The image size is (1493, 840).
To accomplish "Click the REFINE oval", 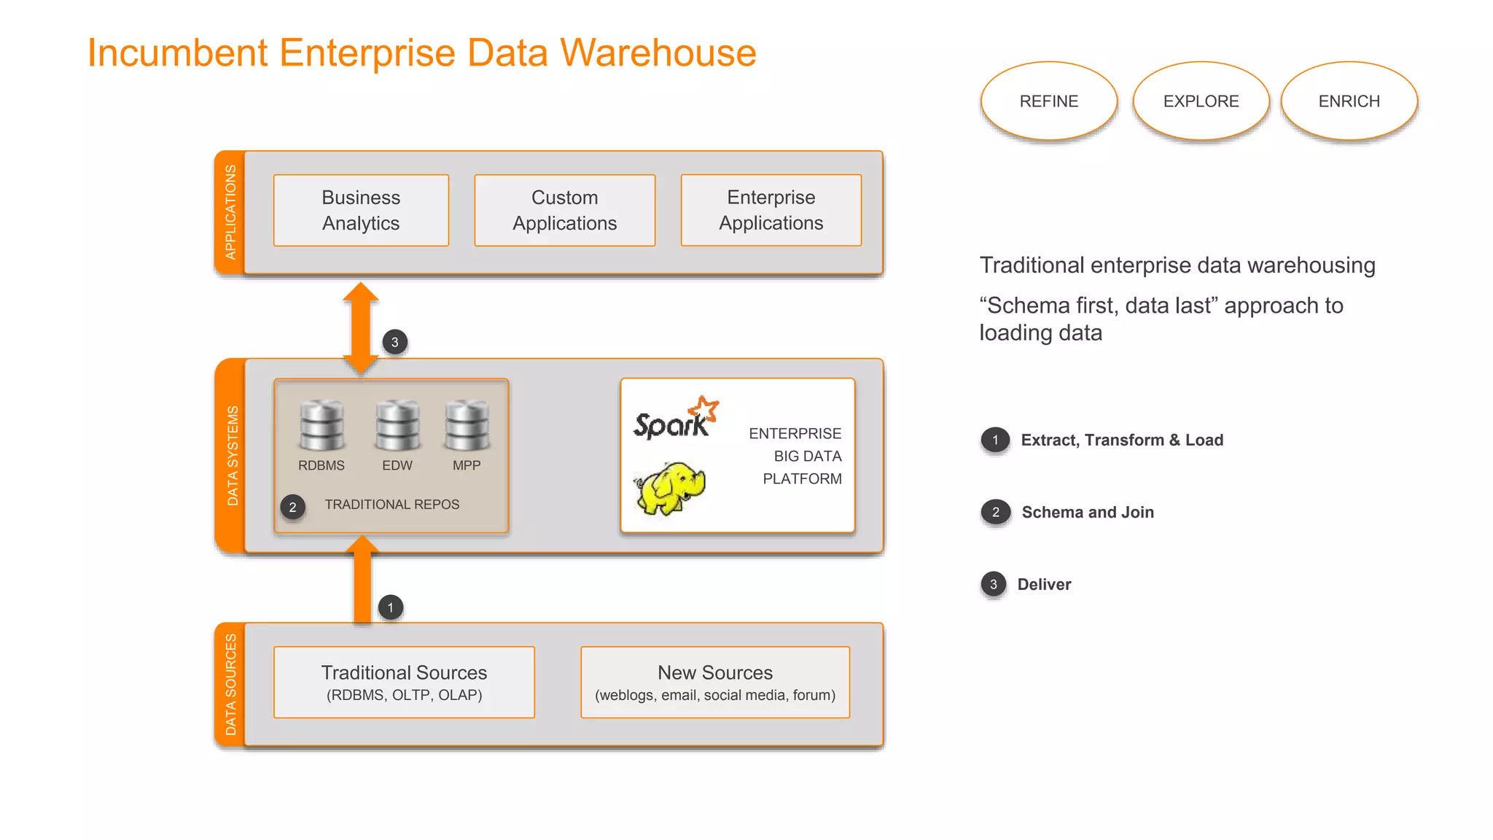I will pyautogui.click(x=1048, y=101).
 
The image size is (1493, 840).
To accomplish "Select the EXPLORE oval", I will pyautogui.click(x=1201, y=101).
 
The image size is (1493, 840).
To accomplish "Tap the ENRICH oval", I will pyautogui.click(x=1349, y=101).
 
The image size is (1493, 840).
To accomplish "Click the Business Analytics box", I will pyautogui.click(x=361, y=210).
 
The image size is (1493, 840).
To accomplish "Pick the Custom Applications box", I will pyautogui.click(x=564, y=210).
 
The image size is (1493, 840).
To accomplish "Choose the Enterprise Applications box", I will pyautogui.click(x=771, y=210).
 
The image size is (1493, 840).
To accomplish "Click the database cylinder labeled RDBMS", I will pyautogui.click(x=321, y=426).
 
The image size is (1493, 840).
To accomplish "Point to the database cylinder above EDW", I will pyautogui.click(x=397, y=426).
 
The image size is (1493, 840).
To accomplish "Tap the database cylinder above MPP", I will pyautogui.click(x=467, y=426).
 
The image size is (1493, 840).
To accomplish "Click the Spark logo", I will pyautogui.click(x=675, y=420).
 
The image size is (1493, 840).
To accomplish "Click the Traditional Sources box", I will pyautogui.click(x=404, y=682).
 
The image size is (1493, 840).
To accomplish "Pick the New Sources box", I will pyautogui.click(x=714, y=682).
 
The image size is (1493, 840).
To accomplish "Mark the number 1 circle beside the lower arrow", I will pyautogui.click(x=391, y=607).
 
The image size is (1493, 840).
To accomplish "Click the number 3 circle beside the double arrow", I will pyautogui.click(x=395, y=342).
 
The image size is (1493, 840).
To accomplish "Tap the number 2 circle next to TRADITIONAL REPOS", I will pyautogui.click(x=292, y=507).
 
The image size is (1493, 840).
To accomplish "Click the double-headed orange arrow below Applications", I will pyautogui.click(x=361, y=327).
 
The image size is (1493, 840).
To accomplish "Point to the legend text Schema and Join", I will pyautogui.click(x=1087, y=512).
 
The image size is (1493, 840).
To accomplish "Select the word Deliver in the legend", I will pyautogui.click(x=1044, y=584).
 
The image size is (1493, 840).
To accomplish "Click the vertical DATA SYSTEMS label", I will pyautogui.click(x=233, y=456).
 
